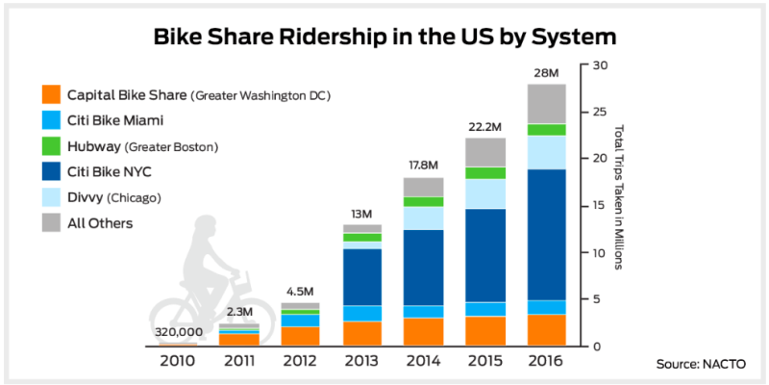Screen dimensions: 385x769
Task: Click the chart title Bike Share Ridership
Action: (x=384, y=37)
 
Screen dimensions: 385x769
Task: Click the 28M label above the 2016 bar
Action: (x=545, y=73)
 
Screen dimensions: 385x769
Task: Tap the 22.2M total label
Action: (x=486, y=127)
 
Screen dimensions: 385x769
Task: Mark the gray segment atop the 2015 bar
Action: (x=486, y=152)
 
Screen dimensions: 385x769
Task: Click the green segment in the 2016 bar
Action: (x=545, y=130)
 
